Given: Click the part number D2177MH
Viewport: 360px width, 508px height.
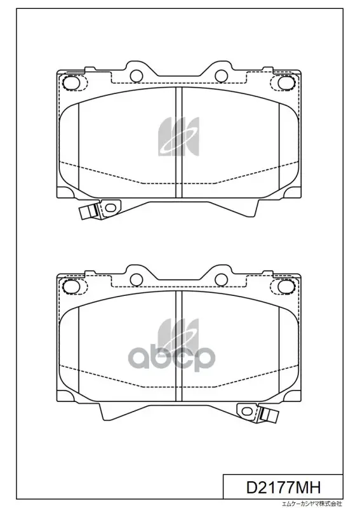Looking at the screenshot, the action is click(x=284, y=487).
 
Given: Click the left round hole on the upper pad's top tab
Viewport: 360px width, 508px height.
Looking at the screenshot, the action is click(x=137, y=76).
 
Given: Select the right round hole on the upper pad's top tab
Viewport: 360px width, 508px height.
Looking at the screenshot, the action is click(x=222, y=76).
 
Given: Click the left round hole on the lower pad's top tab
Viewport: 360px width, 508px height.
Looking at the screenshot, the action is click(x=137, y=279).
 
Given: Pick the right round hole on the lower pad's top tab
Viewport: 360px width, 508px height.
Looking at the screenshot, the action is click(x=222, y=279).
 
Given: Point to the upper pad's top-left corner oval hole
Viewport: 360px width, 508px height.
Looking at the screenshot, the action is click(x=71, y=83).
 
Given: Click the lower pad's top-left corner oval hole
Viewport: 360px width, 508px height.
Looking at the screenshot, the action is click(x=71, y=286).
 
